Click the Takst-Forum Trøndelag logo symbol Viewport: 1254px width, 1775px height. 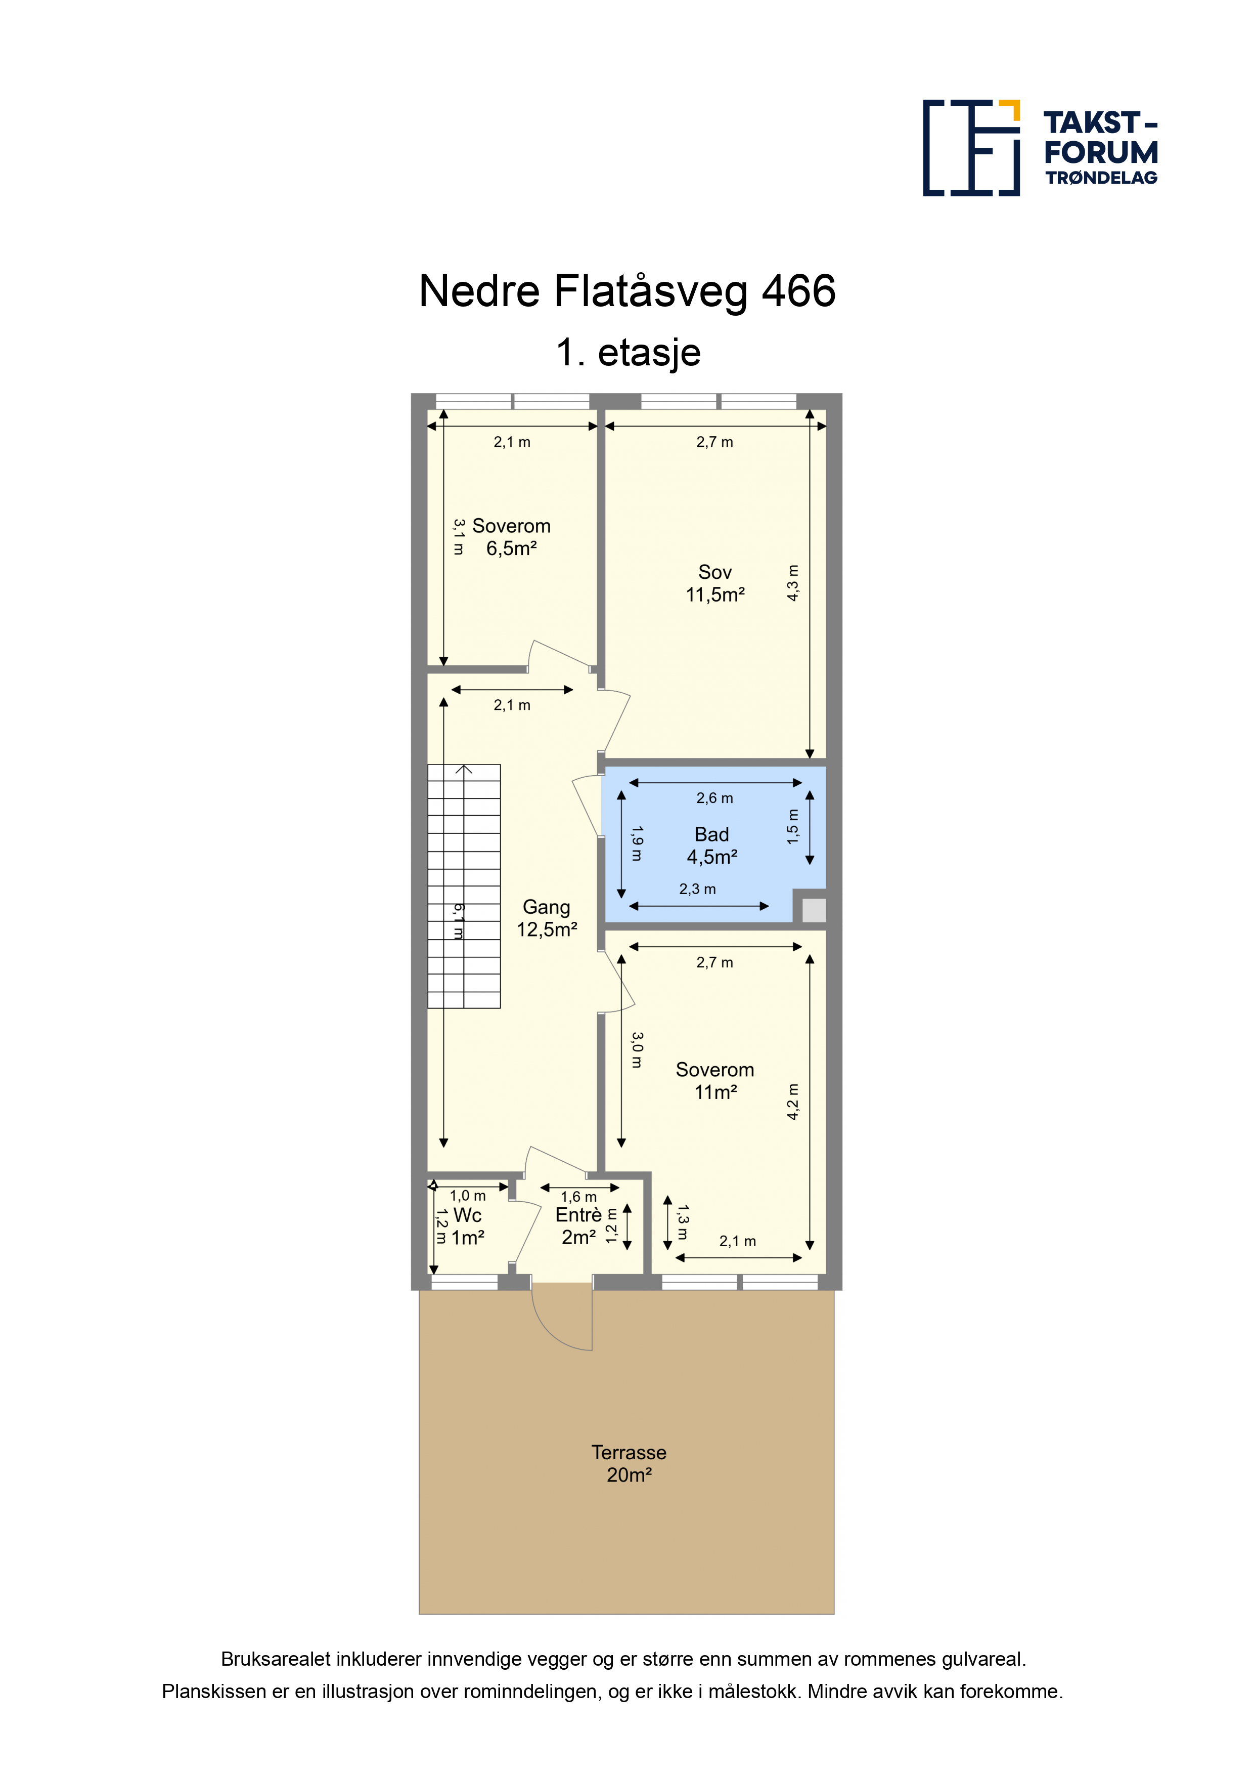click(971, 148)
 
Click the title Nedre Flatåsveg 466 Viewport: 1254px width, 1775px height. click(626, 291)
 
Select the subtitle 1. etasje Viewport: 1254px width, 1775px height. click(628, 353)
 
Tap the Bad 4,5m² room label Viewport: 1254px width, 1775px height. click(711, 846)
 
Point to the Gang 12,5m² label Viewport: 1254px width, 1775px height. click(547, 918)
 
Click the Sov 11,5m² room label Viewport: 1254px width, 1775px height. click(714, 584)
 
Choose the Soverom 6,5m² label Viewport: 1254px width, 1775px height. click(512, 537)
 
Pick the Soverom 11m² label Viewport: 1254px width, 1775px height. click(714, 1081)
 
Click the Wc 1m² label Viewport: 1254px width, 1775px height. click(467, 1227)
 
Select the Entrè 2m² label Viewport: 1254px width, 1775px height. click(578, 1226)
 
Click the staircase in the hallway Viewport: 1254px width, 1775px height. click(464, 886)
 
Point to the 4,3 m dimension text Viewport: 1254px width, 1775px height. click(793, 583)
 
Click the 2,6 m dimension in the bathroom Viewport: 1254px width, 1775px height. click(714, 798)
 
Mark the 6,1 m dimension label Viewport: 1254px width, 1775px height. click(458, 921)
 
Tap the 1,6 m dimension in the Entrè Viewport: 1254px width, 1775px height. click(578, 1197)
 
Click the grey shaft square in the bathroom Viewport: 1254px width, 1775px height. click(814, 910)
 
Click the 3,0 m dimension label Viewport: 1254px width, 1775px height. click(637, 1050)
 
